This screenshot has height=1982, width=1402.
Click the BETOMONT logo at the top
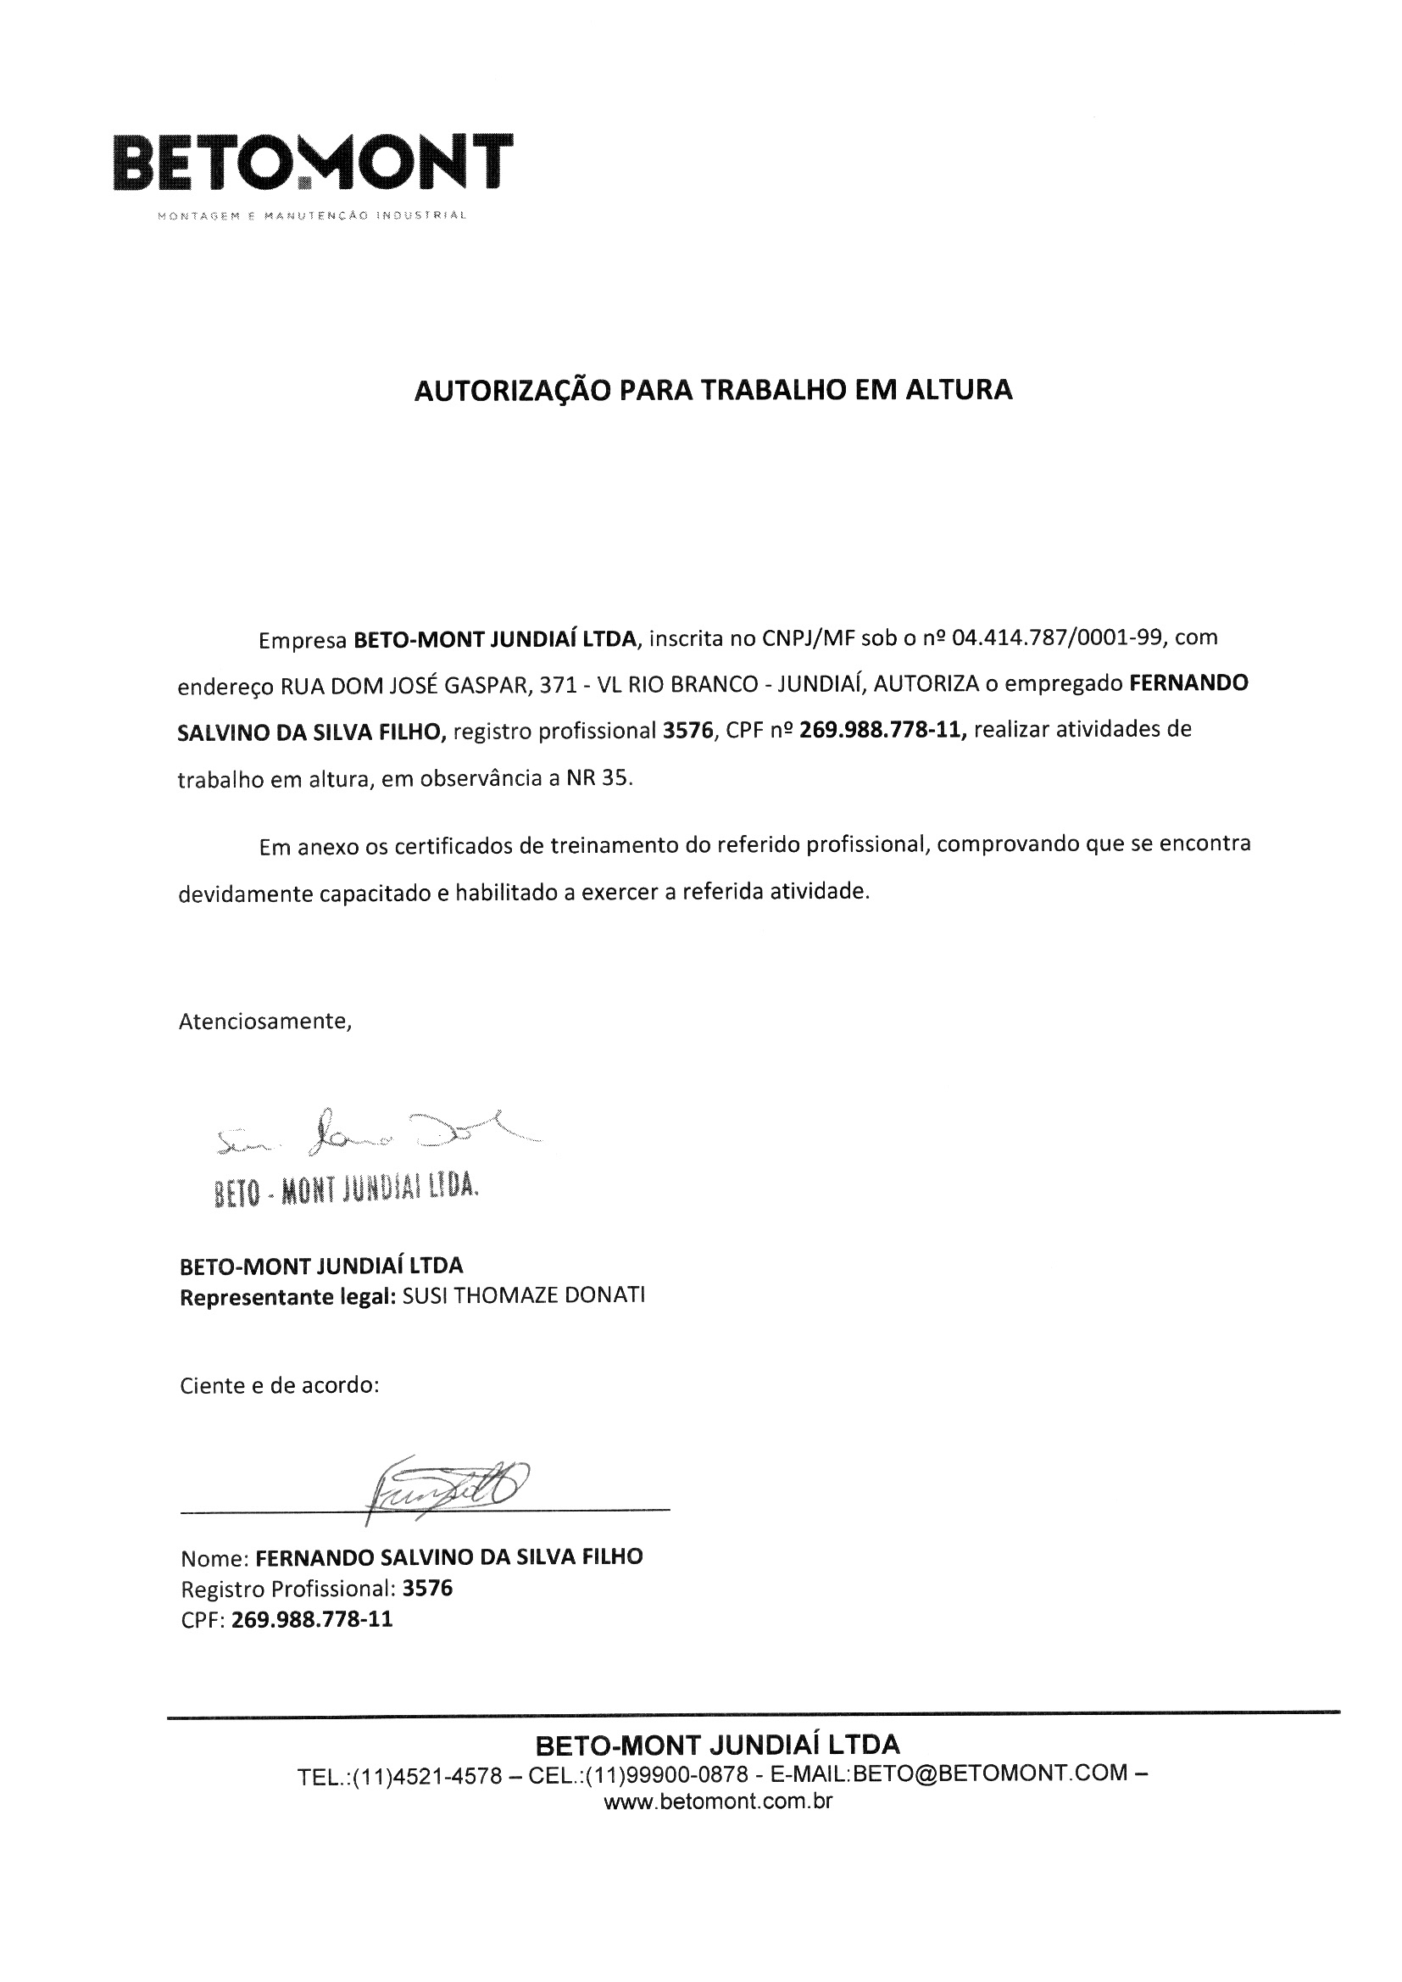pyautogui.click(x=313, y=161)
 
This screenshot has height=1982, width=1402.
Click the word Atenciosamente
pyautogui.click(x=265, y=1022)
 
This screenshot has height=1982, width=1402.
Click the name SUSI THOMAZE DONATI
pyautogui.click(x=523, y=1295)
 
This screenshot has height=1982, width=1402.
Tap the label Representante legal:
pyautogui.click(x=287, y=1296)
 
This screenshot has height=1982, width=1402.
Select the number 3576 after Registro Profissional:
pyautogui.click(x=427, y=1589)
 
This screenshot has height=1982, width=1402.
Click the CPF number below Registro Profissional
pyautogui.click(x=312, y=1619)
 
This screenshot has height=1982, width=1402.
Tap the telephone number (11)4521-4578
pyautogui.click(x=426, y=1776)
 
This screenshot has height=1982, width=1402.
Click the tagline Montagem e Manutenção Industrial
pyautogui.click(x=312, y=215)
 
